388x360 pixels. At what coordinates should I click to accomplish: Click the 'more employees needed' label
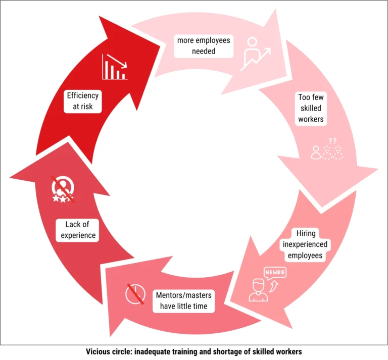pyautogui.click(x=203, y=45)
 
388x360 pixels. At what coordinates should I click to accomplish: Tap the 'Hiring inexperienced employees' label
pyautogui.click(x=308, y=244)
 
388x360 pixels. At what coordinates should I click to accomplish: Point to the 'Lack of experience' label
pyautogui.click(x=80, y=230)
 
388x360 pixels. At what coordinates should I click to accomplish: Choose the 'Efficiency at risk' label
pyautogui.click(x=83, y=100)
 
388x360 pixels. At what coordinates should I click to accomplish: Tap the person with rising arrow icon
pyautogui.click(x=256, y=53)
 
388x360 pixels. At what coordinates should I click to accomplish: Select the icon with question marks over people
pyautogui.click(x=327, y=150)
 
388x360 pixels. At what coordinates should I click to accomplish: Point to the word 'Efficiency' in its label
pyautogui.click(x=83, y=95)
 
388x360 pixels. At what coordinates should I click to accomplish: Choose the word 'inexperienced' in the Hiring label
pyautogui.click(x=308, y=244)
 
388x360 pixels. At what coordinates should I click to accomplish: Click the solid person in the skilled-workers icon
pyautogui.click(x=316, y=152)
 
